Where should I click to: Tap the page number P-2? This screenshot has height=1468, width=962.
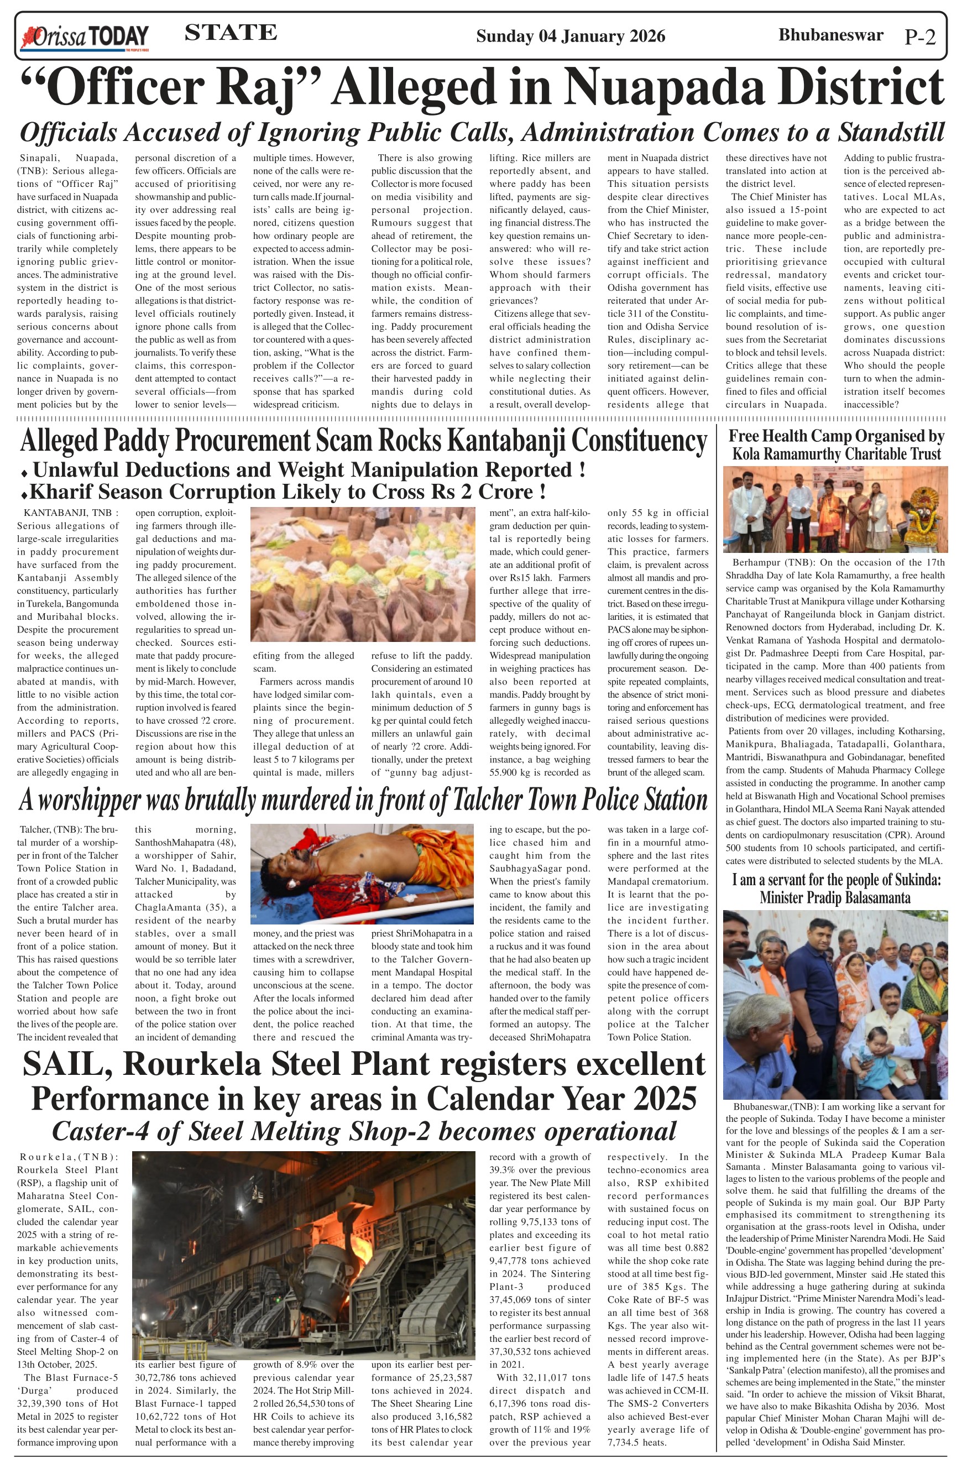tap(920, 37)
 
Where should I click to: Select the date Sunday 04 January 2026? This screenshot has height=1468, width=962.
tap(570, 36)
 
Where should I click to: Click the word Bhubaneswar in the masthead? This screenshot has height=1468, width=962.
tap(830, 35)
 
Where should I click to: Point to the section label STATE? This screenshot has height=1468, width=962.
tap(231, 33)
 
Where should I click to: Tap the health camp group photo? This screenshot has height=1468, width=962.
tap(835, 509)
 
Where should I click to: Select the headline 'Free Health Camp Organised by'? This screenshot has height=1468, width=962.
tap(836, 436)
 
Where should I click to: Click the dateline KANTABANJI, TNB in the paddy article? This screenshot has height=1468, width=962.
tap(68, 513)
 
